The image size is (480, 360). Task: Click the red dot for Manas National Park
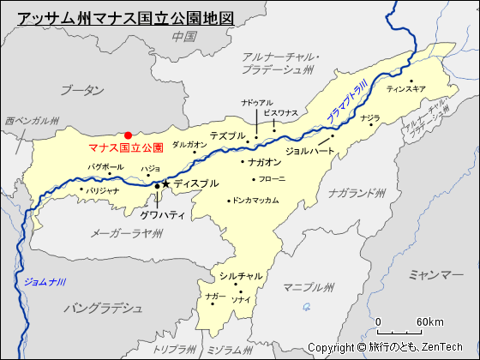128,135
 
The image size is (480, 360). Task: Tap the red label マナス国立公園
126,147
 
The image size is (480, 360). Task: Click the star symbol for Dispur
165,184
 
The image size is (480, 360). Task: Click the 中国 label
184,36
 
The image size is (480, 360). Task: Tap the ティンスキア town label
405,88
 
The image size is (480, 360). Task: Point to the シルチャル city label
241,276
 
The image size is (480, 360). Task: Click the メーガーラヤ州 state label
128,231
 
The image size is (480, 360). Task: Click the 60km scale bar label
429,321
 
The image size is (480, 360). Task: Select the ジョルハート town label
309,151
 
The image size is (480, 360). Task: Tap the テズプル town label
227,135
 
